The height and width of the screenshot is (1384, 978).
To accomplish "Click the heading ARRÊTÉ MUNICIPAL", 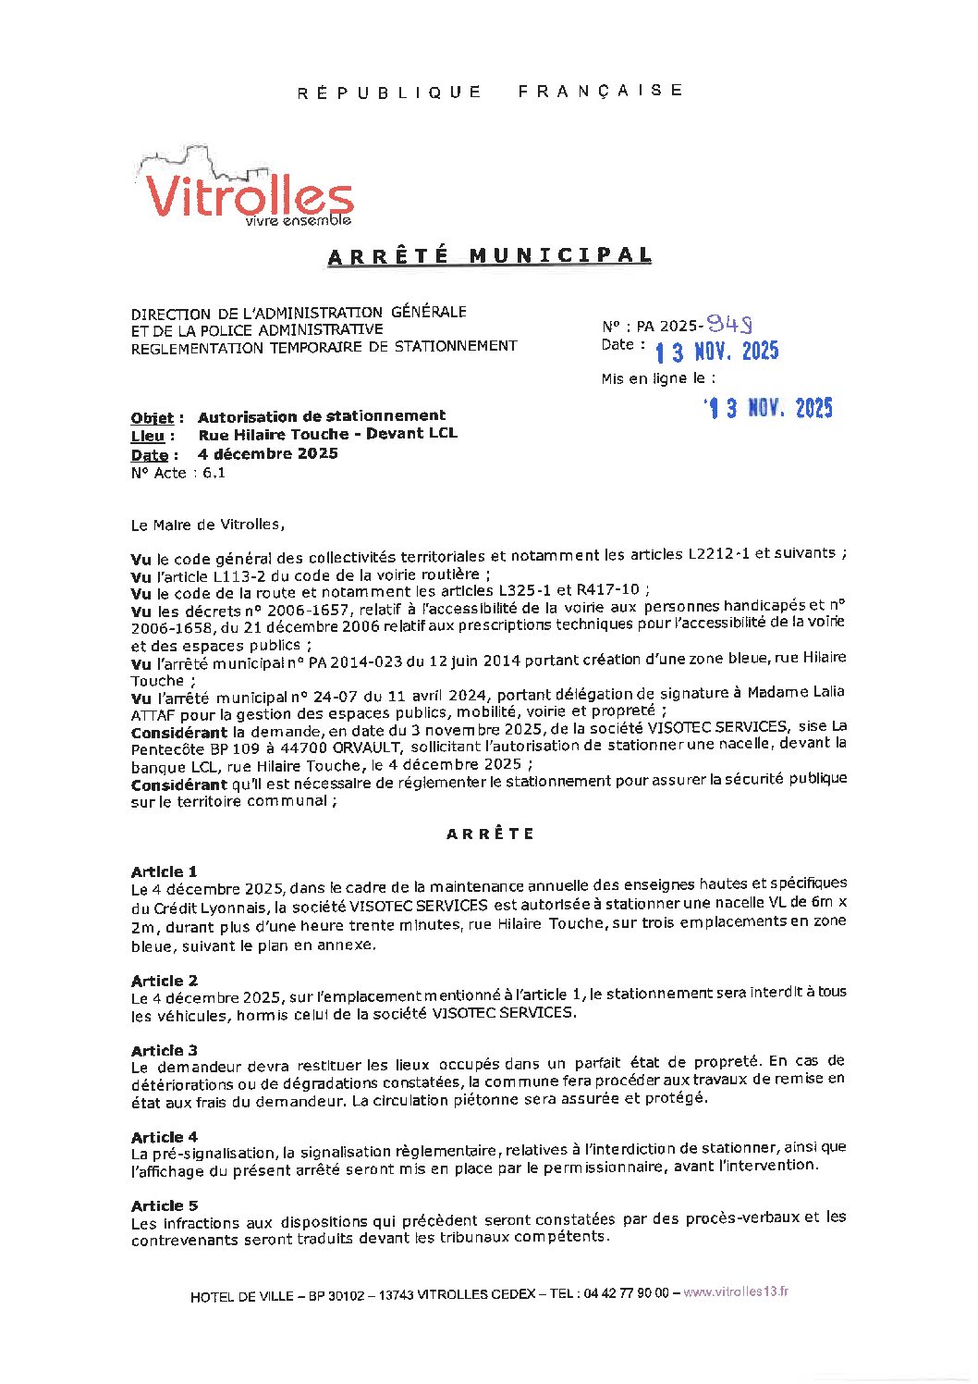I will point(490,255).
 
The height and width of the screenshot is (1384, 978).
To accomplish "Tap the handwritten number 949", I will point(728,324).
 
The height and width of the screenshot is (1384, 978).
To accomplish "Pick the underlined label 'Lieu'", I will point(148,436).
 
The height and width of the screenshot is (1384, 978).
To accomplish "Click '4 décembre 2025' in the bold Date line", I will point(268,453).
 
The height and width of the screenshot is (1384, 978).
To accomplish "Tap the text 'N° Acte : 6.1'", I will point(178,473).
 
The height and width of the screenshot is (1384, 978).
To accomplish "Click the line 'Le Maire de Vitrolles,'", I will point(208,525).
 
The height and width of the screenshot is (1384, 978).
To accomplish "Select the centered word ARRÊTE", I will point(490,834).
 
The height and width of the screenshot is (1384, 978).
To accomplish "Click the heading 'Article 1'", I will point(164,871).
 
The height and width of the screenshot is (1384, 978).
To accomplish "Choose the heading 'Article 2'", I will point(164,981).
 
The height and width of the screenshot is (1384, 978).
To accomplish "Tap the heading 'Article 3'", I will point(164,1050).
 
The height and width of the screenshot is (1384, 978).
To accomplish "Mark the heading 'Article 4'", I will point(164,1136).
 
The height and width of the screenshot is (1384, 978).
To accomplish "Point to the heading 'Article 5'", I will point(164,1205).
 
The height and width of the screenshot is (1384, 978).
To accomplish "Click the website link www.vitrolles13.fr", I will point(736,1292).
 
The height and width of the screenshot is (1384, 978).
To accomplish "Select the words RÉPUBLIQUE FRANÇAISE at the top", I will point(490,91).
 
